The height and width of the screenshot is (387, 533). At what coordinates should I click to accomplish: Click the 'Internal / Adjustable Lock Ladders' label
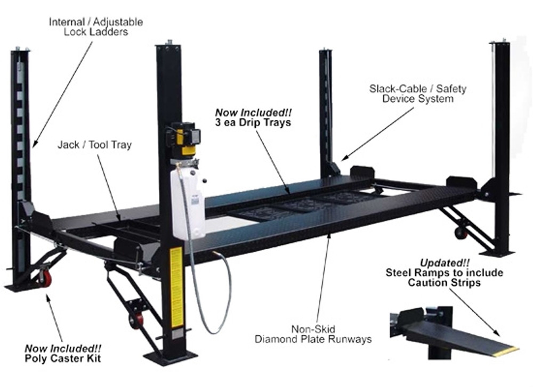96,27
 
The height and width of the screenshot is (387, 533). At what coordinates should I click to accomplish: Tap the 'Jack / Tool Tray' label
95,145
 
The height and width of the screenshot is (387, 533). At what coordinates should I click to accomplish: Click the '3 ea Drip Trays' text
254,122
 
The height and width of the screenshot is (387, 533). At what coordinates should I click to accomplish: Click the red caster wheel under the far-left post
46,277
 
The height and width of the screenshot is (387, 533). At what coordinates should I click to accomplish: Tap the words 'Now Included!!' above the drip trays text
254,113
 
